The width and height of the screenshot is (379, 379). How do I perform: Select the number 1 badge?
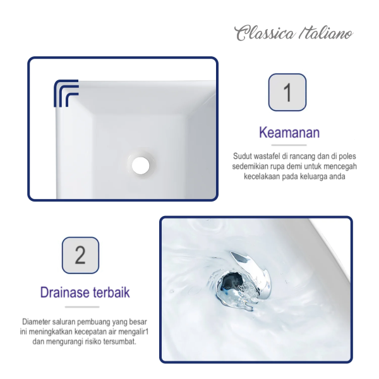(x=287, y=93)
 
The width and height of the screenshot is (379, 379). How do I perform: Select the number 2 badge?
(x=80, y=255)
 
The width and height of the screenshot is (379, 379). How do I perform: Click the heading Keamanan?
(x=289, y=133)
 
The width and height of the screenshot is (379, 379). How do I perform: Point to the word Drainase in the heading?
(x=63, y=292)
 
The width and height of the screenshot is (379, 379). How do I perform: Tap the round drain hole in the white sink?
(x=141, y=165)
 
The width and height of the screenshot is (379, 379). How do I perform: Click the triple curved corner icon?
(x=66, y=93)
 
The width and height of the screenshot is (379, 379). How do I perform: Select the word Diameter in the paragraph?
(x=37, y=322)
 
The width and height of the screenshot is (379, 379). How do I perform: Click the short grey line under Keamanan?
(x=289, y=145)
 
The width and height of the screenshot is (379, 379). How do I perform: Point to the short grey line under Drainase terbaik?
(x=85, y=306)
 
